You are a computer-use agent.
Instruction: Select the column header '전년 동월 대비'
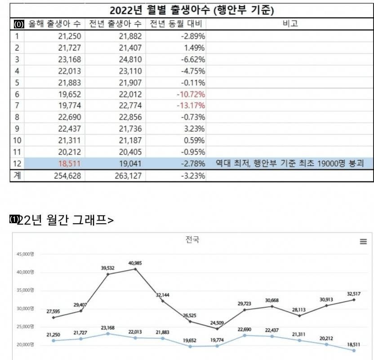(177, 24)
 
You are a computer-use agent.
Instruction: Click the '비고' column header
(290, 24)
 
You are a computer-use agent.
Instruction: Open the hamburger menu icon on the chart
(363, 242)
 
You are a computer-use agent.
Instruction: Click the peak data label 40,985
(136, 263)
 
